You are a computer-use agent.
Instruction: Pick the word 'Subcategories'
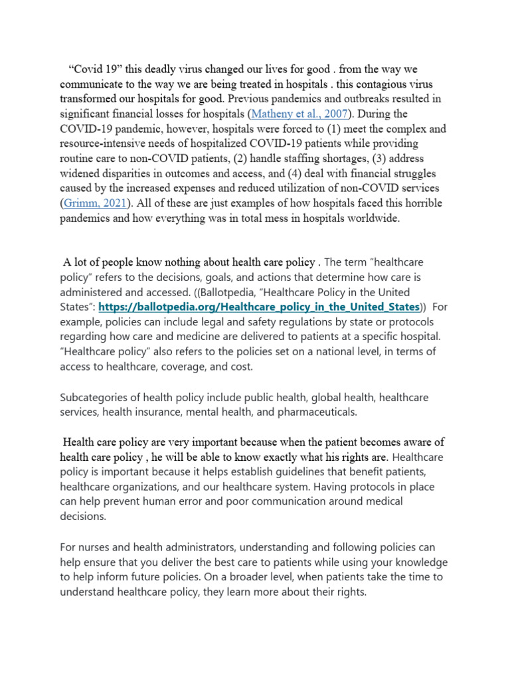pos(94,398)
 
